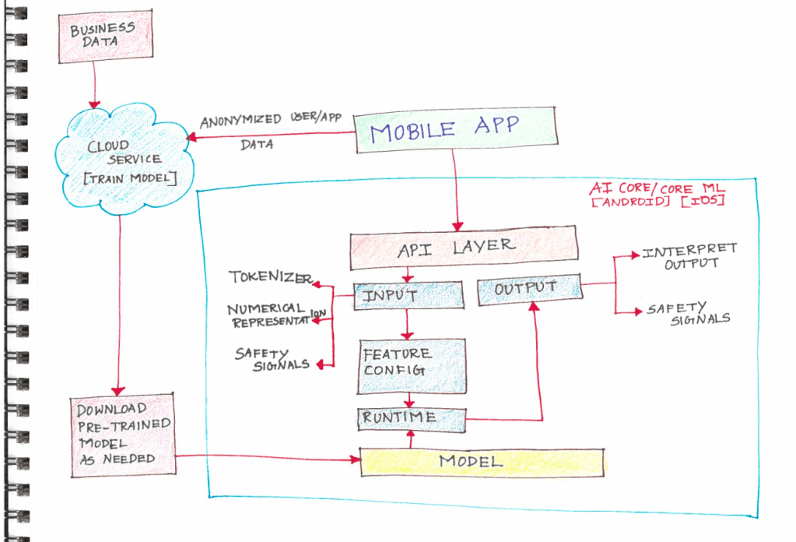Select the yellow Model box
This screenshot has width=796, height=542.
482,461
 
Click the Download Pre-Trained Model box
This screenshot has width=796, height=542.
121,433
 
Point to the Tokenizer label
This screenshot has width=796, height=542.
269,277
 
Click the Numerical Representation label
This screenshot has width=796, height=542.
272,315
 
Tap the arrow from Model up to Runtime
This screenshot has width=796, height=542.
410,440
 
